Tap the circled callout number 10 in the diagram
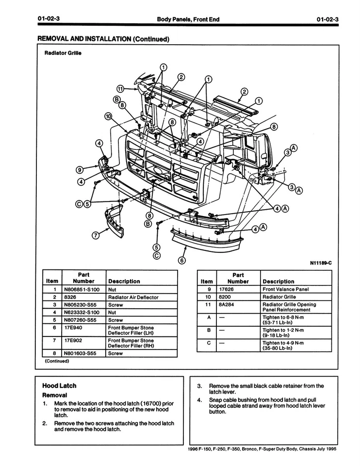pyautogui.click(x=108, y=116)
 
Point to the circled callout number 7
pyautogui.click(x=96, y=235)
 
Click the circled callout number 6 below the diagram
pyautogui.click(x=182, y=260)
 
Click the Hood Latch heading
pyautogui.click(x=59, y=385)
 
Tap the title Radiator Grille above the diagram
pyautogui.click(x=63, y=53)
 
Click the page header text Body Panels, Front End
pyautogui.click(x=188, y=19)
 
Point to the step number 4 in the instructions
pyautogui.click(x=199, y=400)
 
